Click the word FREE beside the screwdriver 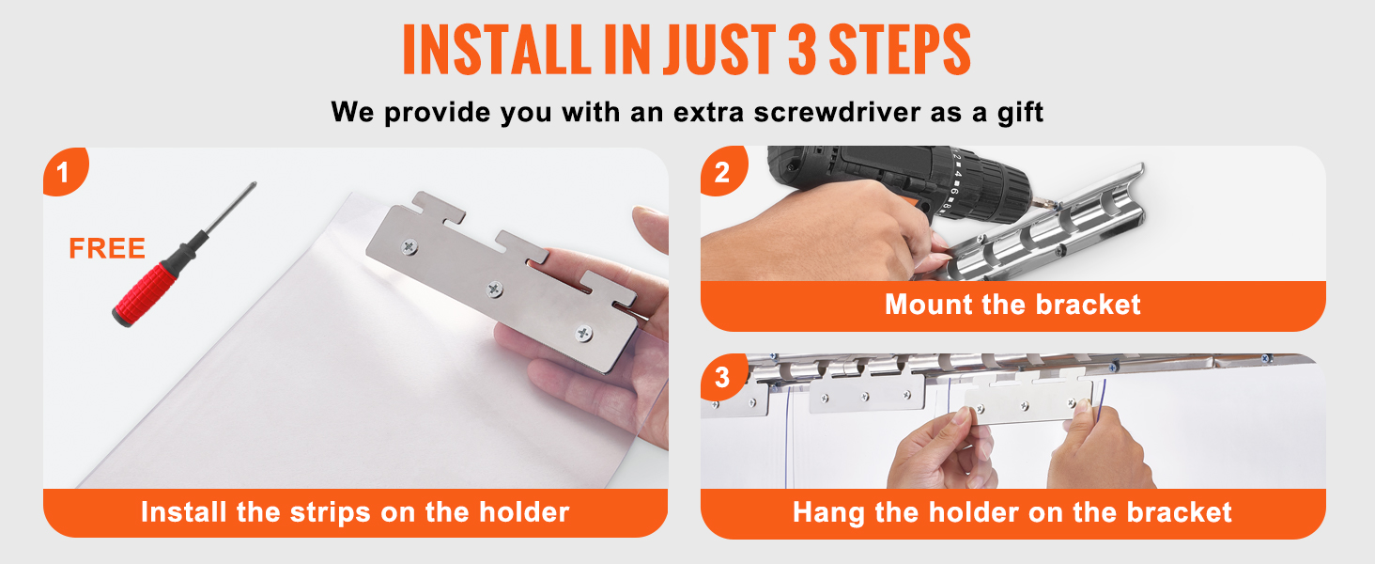point(107,249)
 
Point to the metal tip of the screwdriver point(253,185)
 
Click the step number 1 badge point(66,171)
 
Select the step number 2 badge point(724,171)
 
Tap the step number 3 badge point(724,377)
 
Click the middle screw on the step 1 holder point(494,289)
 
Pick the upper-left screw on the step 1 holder point(409,247)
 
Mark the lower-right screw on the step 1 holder point(583,334)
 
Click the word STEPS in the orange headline point(900,50)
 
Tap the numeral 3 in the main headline point(802,50)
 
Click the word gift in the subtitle point(1020,113)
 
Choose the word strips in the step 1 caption point(331,513)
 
